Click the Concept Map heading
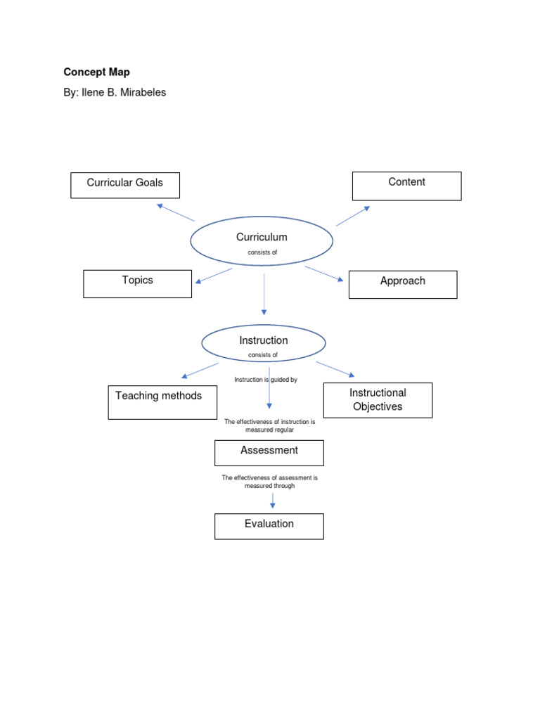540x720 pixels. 96,72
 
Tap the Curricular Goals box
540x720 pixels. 125,185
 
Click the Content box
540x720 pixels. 406,186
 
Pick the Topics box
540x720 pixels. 137,283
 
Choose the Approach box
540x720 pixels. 403,284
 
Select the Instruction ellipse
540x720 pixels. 264,343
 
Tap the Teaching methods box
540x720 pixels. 162,402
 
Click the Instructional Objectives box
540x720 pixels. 378,400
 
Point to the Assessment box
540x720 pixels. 269,453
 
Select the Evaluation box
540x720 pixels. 269,526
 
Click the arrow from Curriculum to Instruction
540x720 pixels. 264,294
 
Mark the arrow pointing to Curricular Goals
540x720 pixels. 175,212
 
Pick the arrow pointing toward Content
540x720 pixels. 353,216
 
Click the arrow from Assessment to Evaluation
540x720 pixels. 272,500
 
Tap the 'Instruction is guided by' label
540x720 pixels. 266,380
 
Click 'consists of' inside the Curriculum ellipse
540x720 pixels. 262,252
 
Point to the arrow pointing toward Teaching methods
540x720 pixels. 200,371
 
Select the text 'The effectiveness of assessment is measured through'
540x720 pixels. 270,482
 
